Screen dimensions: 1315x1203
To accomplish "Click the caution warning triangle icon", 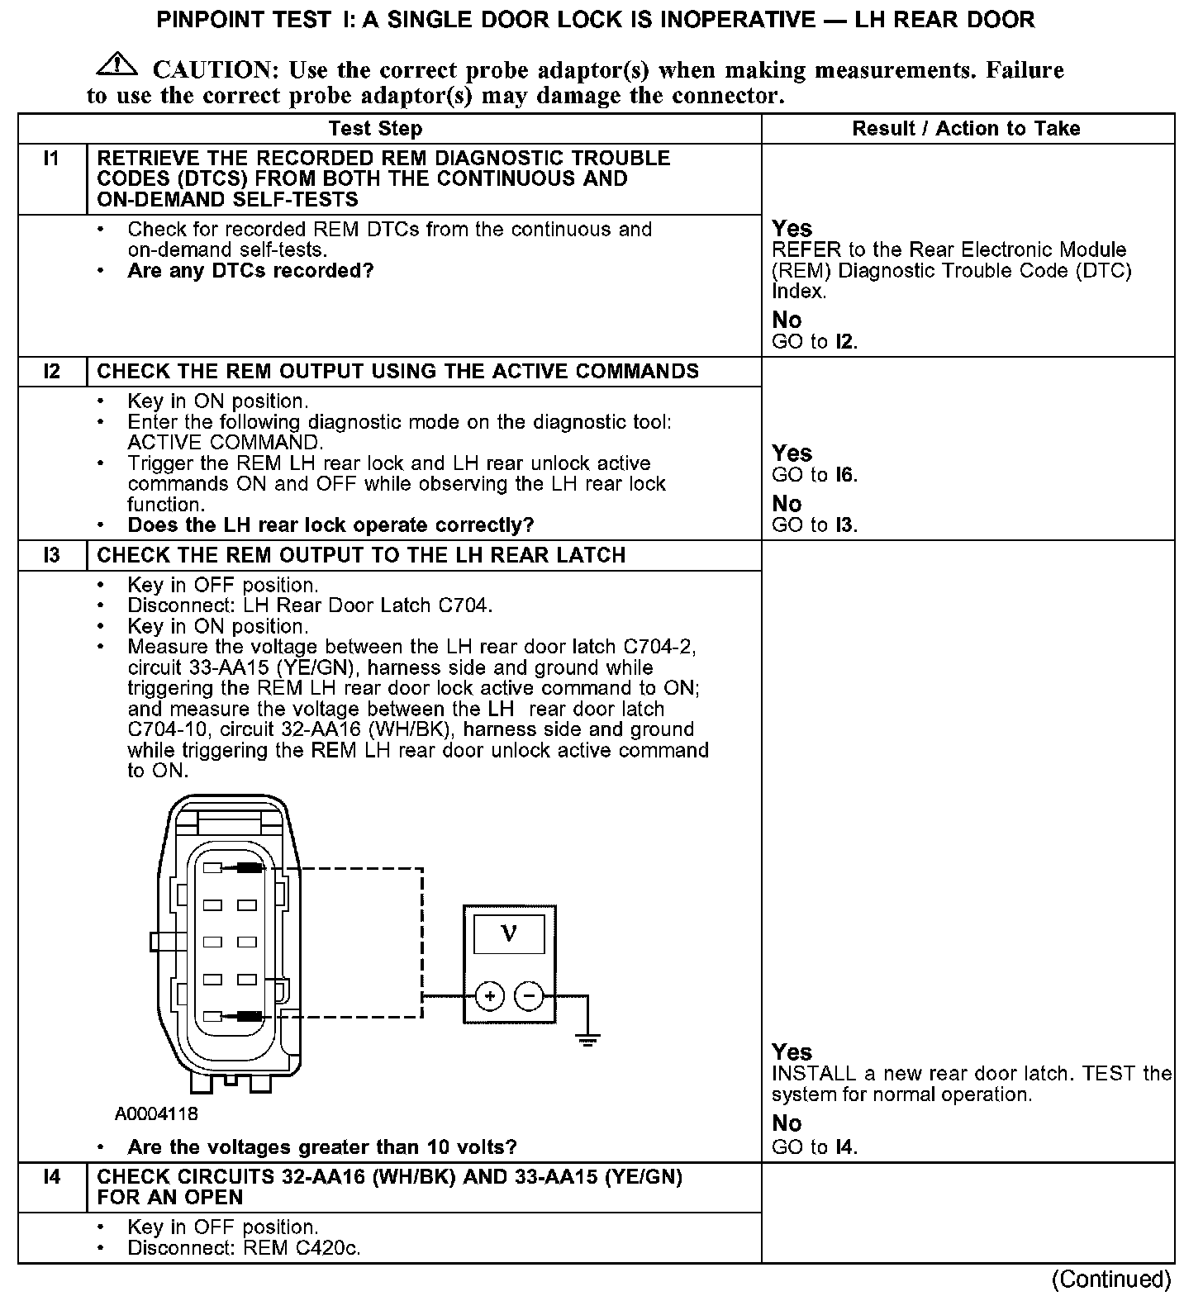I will coord(116,64).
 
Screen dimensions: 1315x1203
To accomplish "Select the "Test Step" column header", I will coord(375,129).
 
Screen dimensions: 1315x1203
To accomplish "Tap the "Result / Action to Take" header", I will coord(966,129).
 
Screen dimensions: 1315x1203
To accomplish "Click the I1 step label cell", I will coord(52,158).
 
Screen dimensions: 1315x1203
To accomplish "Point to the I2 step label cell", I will coord(52,372).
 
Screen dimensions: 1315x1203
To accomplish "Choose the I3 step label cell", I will coord(52,555).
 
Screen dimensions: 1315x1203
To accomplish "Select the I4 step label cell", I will coord(52,1176).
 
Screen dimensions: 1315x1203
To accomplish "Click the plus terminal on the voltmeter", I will coord(490,996).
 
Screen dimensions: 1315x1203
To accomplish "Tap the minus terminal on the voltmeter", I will coord(529,996).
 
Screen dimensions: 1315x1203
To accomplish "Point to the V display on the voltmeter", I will coord(509,934).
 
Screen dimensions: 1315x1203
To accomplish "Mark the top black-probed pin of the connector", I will coord(249,868).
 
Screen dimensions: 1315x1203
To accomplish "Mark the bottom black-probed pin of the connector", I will coord(249,1016).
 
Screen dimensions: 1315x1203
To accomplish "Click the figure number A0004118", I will coord(156,1113).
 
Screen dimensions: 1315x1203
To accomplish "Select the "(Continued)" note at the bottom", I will coord(1110,1279).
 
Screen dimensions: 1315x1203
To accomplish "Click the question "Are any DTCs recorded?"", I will coord(250,271).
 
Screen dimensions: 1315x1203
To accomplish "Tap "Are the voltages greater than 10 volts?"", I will coord(322,1147).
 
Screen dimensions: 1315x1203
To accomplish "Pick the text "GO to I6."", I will coord(815,475).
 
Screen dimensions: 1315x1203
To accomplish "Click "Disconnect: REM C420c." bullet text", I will coord(244,1248).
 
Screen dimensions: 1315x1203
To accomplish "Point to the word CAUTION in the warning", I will coord(210,70).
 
